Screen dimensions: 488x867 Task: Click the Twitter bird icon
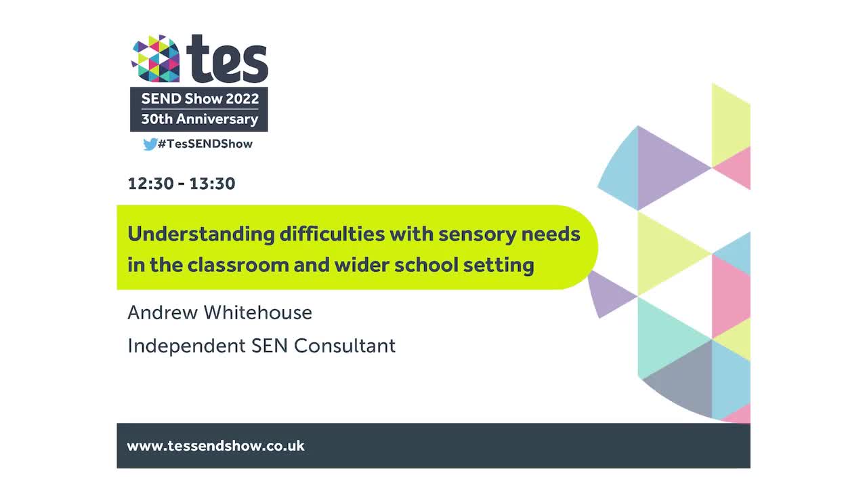point(150,144)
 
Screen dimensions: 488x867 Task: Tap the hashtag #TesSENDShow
point(205,144)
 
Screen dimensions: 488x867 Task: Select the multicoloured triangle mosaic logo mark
point(155,59)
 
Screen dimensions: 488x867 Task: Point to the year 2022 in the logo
point(242,98)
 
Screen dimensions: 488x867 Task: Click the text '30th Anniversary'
point(199,119)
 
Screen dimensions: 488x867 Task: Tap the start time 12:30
point(150,184)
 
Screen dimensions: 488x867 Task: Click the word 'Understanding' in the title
point(200,235)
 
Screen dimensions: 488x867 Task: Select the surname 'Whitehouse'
point(258,312)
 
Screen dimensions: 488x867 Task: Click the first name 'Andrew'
point(163,312)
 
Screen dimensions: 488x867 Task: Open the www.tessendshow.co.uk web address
point(215,446)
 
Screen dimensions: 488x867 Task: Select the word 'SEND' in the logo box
point(161,98)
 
